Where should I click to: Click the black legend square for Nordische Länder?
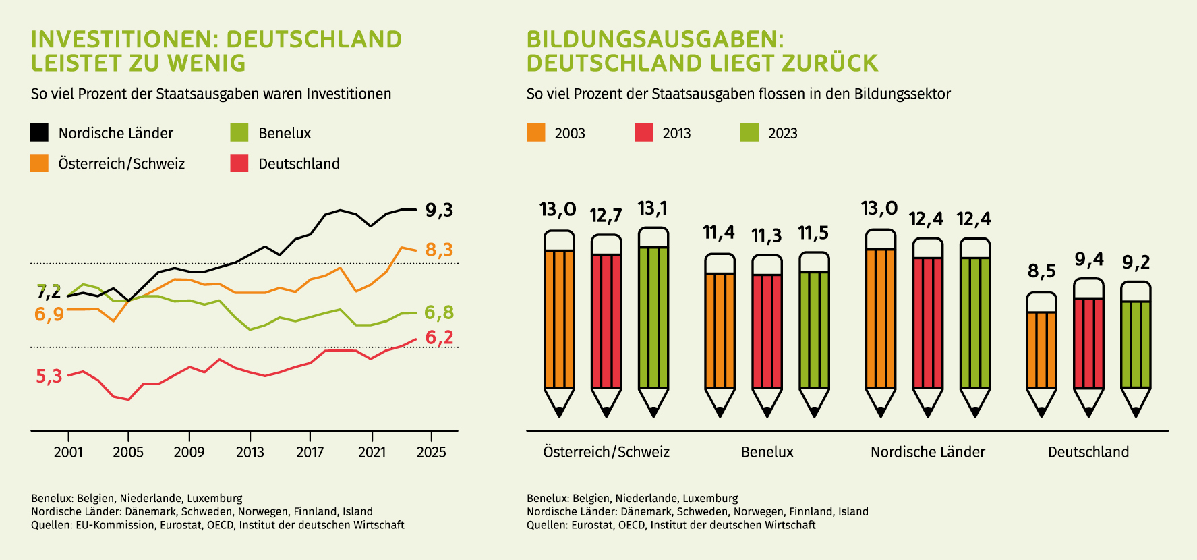[40, 133]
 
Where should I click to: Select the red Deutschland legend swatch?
[239, 163]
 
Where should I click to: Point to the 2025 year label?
[432, 452]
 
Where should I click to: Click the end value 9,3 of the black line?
[439, 211]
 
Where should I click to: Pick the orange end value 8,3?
[439, 250]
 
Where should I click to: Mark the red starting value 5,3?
[49, 376]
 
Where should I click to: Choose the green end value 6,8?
[439, 313]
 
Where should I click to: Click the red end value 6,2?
[439, 337]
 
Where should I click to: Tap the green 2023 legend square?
[749, 133]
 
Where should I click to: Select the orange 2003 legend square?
[536, 133]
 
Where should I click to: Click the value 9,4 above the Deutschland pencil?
[1089, 260]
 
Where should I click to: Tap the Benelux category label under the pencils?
[767, 452]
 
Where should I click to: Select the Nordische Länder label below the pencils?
[928, 452]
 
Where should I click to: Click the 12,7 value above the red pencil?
[606, 216]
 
